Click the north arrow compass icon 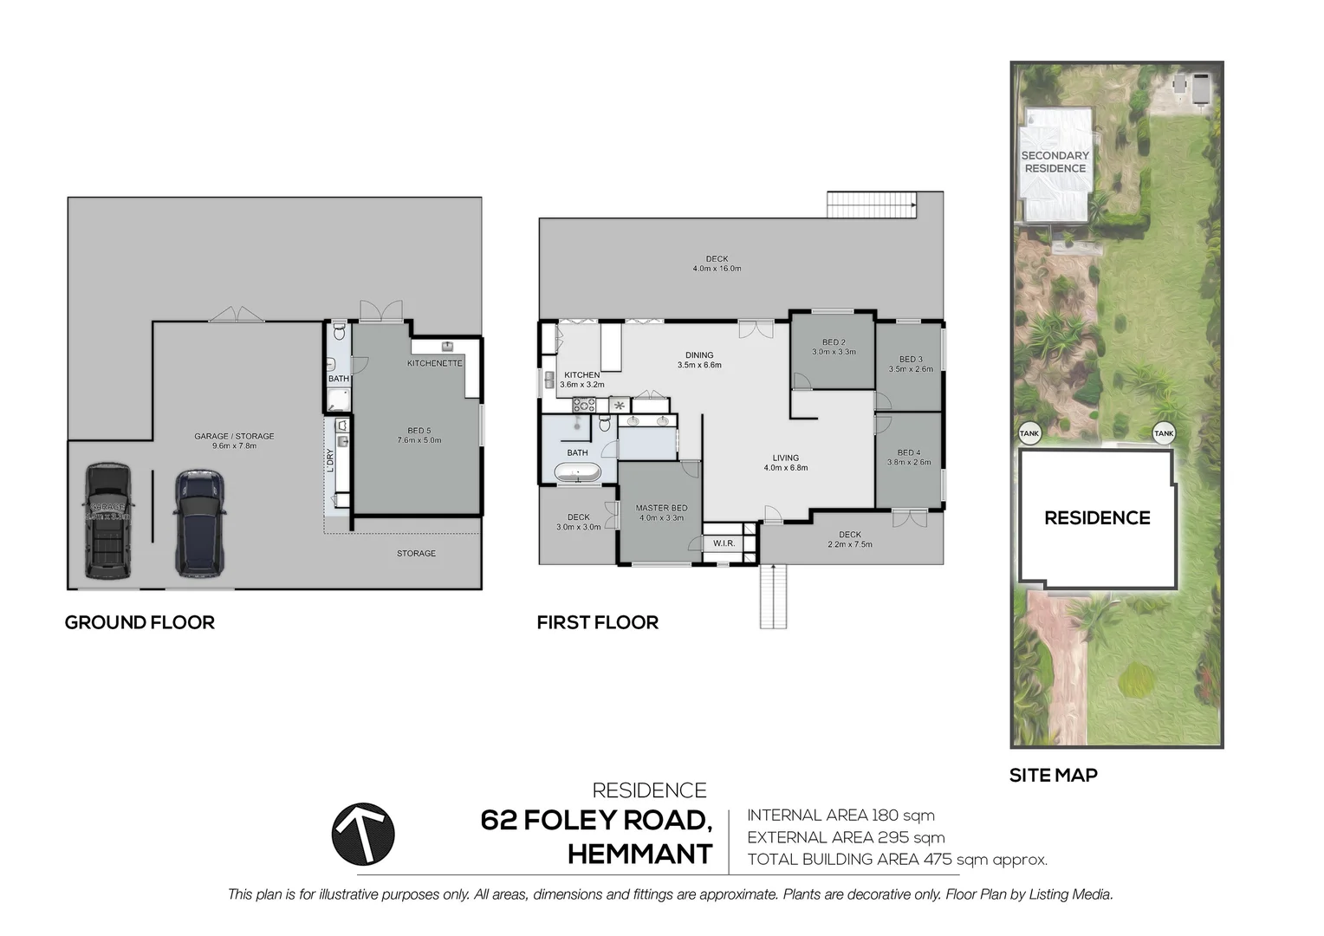363,834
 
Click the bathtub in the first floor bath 577,473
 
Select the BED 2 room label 834,342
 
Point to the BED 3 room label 911,359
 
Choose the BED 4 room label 909,452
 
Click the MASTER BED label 661,508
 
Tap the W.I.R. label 724,543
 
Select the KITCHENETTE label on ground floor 435,363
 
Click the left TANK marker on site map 1029,433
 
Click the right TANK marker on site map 1164,433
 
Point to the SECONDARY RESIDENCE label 1055,162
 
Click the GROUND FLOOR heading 140,622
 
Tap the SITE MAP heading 1053,776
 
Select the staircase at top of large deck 871,205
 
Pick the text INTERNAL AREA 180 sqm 840,815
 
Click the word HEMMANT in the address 639,855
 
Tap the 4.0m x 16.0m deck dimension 717,269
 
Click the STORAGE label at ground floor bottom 416,553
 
